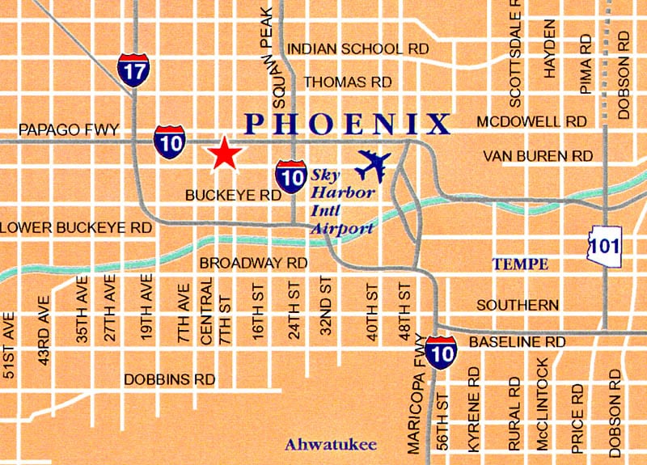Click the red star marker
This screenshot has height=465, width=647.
(224, 154)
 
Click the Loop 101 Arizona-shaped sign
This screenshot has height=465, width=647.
(605, 244)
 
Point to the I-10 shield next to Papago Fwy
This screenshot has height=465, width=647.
(169, 141)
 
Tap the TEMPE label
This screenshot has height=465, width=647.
(521, 264)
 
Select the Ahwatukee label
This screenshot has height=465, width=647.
(319, 444)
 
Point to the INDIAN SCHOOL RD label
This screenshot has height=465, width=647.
(357, 49)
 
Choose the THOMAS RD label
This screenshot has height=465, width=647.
(347, 82)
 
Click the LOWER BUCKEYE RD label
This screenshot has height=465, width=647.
(76, 228)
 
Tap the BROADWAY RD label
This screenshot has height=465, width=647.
(253, 263)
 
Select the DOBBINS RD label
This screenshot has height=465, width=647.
(169, 378)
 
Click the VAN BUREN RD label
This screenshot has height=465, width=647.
(537, 154)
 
